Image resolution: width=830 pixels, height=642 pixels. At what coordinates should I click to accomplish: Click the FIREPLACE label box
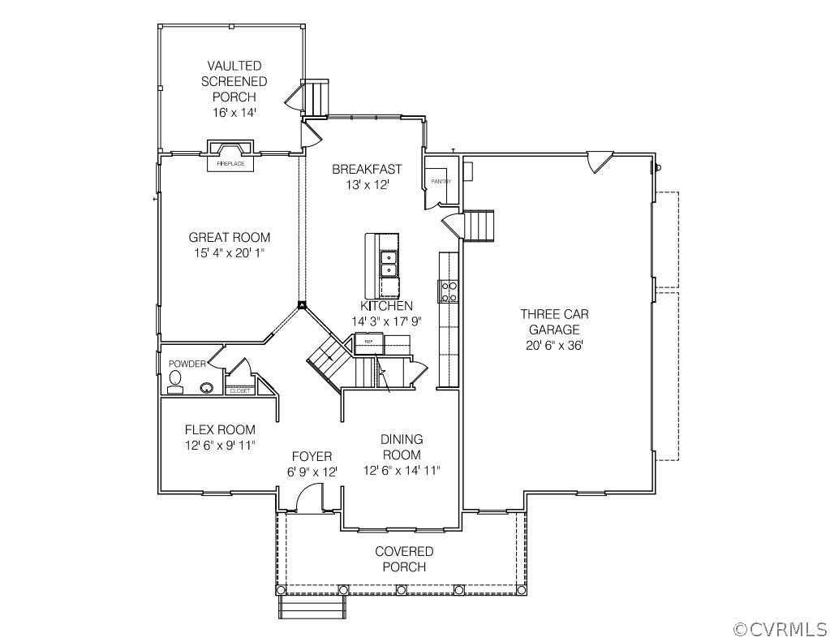coord(231,164)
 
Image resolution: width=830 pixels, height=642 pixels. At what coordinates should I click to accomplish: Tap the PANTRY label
coord(441,182)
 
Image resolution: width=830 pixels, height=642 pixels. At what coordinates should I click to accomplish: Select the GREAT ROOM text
coord(230,238)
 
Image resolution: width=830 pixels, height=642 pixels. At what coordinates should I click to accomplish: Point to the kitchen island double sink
coord(389,264)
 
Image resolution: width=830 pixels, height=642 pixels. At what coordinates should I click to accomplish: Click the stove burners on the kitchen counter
coord(448,291)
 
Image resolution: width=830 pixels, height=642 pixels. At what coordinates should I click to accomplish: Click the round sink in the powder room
coord(207,388)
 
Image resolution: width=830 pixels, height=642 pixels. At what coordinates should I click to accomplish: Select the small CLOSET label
coord(240,391)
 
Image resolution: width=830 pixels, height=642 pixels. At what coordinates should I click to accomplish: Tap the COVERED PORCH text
coord(404,559)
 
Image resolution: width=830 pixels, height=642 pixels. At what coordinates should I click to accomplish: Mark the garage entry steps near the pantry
coord(478,225)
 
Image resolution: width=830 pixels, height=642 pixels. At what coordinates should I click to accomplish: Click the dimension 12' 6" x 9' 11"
coord(220,445)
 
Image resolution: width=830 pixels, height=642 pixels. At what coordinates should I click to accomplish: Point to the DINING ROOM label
coord(402,447)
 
